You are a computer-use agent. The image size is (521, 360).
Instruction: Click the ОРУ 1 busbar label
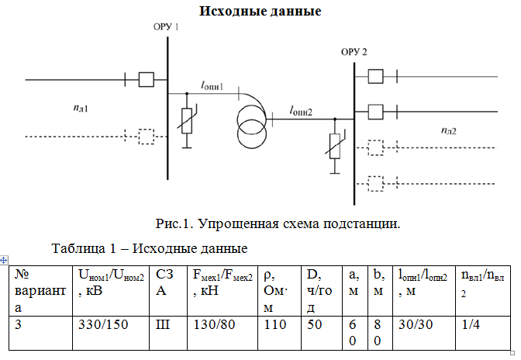click(x=166, y=26)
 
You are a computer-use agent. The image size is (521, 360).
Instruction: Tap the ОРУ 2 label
click(x=354, y=52)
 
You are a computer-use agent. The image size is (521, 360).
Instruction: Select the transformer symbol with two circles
click(x=252, y=127)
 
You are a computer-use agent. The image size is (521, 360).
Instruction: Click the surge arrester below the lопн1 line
click(x=187, y=121)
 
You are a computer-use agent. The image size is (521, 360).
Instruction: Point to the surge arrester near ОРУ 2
click(x=335, y=147)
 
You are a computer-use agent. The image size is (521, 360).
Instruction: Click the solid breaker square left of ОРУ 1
click(x=147, y=80)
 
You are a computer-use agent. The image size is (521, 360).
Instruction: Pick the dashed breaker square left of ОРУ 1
click(x=147, y=137)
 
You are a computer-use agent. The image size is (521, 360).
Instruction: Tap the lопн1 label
click(x=212, y=85)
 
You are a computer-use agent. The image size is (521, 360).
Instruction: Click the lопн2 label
click(x=301, y=111)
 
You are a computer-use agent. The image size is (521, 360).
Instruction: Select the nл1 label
click(x=81, y=108)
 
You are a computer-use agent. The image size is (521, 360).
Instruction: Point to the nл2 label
click(x=449, y=130)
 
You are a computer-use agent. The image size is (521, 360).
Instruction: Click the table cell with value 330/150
click(x=111, y=333)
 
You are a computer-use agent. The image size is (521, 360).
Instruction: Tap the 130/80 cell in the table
click(x=223, y=333)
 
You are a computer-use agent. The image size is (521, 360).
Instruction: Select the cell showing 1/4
click(x=483, y=333)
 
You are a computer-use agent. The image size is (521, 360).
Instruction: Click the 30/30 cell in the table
click(x=424, y=333)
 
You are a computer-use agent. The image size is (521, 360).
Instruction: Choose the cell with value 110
click(x=279, y=333)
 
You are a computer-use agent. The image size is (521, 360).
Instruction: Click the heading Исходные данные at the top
click(x=260, y=11)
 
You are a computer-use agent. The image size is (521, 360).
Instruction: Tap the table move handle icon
click(x=3, y=260)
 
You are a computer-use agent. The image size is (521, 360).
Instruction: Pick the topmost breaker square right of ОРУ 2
click(x=375, y=77)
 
